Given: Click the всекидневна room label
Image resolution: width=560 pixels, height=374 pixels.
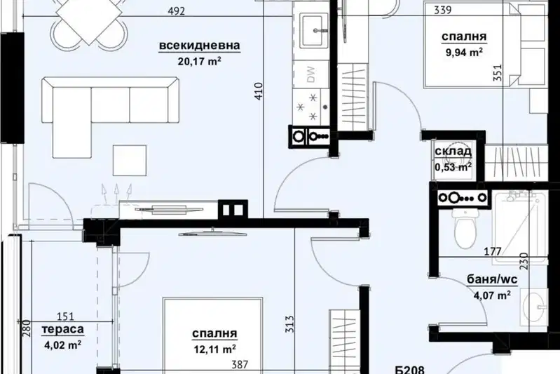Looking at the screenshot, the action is point(199,46).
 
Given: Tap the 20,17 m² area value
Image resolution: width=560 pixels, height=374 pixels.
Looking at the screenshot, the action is point(199,61).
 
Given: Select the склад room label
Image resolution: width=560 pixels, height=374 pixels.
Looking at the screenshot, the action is point(453,152).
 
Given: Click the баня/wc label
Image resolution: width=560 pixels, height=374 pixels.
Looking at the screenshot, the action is point(492,279).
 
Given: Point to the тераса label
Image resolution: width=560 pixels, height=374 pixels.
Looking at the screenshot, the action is point(63,329).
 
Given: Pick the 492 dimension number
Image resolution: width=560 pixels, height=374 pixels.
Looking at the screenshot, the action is point(177,11).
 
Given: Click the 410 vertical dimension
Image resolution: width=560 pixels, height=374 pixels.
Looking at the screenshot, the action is point(259,91).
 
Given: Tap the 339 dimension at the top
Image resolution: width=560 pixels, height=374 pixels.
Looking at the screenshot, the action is point(443,10).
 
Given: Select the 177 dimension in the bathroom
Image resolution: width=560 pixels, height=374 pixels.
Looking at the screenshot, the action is point(493,252).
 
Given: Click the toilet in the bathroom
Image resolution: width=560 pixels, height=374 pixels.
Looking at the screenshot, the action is point(465,228).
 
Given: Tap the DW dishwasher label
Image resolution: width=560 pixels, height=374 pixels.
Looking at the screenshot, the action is point(310,74).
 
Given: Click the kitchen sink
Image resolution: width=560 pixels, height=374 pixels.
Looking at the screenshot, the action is point(314,31).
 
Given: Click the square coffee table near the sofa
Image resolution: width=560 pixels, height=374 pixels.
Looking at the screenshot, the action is point(130,160).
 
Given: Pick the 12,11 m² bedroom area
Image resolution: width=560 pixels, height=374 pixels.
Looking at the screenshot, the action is point(214,349).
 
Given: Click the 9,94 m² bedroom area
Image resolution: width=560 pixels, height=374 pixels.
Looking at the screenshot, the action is point(464,52).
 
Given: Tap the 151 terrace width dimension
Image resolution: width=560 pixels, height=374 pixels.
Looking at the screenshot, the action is point(66,316).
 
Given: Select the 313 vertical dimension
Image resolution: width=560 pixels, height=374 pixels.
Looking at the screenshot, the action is point(290,324).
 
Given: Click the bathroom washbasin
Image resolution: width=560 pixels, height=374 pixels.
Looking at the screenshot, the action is point(534,307).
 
